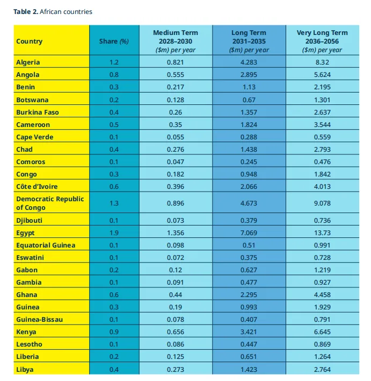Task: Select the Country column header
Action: click(x=29, y=41)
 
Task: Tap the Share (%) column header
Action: click(x=114, y=41)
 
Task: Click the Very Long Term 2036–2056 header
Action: click(x=322, y=41)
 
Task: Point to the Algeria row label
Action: click(x=28, y=62)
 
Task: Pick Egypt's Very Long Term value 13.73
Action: click(x=322, y=232)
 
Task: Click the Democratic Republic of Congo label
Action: click(x=50, y=203)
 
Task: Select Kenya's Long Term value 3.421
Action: click(x=249, y=332)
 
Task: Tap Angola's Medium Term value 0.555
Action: click(x=176, y=75)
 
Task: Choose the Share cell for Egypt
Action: click(x=114, y=232)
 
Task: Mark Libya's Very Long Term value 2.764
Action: click(x=322, y=369)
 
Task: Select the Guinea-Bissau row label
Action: click(x=39, y=320)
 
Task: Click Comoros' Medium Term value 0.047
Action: click(x=176, y=162)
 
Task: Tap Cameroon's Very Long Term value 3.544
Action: click(x=322, y=125)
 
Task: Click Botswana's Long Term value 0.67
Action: click(x=249, y=100)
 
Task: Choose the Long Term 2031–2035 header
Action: click(x=249, y=41)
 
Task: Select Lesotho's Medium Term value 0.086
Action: click(x=176, y=344)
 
